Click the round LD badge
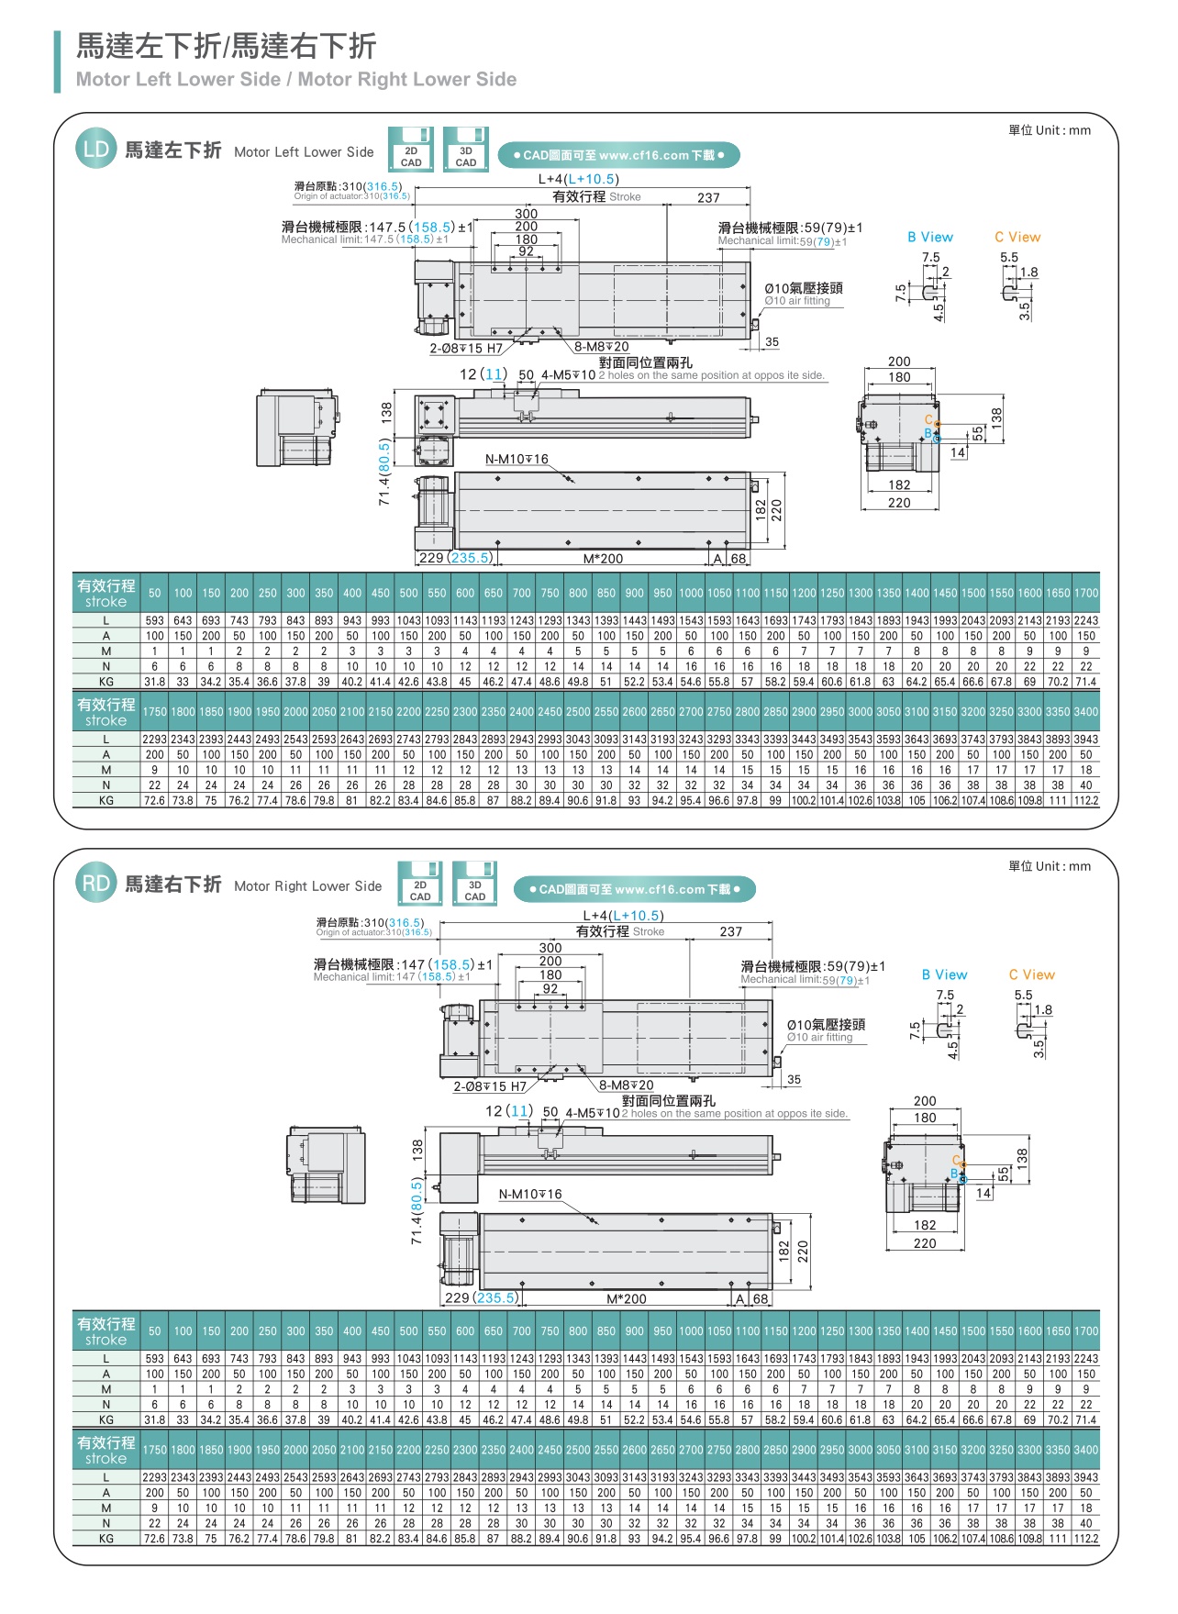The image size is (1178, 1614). click(x=95, y=150)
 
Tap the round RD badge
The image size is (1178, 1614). click(x=95, y=884)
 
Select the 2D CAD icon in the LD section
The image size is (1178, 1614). click(x=411, y=150)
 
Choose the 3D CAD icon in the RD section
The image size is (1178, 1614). click(x=474, y=884)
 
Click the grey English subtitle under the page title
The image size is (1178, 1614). click(x=296, y=80)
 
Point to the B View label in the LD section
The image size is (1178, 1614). click(x=930, y=237)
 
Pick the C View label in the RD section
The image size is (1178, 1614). click(x=1031, y=974)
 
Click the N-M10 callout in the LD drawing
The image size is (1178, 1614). click(x=517, y=459)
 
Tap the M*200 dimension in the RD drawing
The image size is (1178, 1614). click(x=627, y=1298)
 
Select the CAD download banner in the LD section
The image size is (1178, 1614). click(x=618, y=155)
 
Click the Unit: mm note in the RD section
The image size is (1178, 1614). click(x=1050, y=865)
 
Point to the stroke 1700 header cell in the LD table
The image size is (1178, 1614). click(x=1086, y=593)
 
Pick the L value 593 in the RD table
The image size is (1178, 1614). click(x=155, y=1358)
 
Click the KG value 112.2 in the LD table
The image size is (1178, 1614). click(x=1086, y=800)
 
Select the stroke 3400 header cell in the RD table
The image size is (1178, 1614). click(x=1086, y=1450)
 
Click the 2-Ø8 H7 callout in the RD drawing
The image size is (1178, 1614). click(x=490, y=1086)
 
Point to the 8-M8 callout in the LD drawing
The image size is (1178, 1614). click(x=602, y=347)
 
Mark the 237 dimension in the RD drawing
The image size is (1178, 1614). click(x=730, y=931)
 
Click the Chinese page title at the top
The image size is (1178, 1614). click(x=226, y=46)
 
